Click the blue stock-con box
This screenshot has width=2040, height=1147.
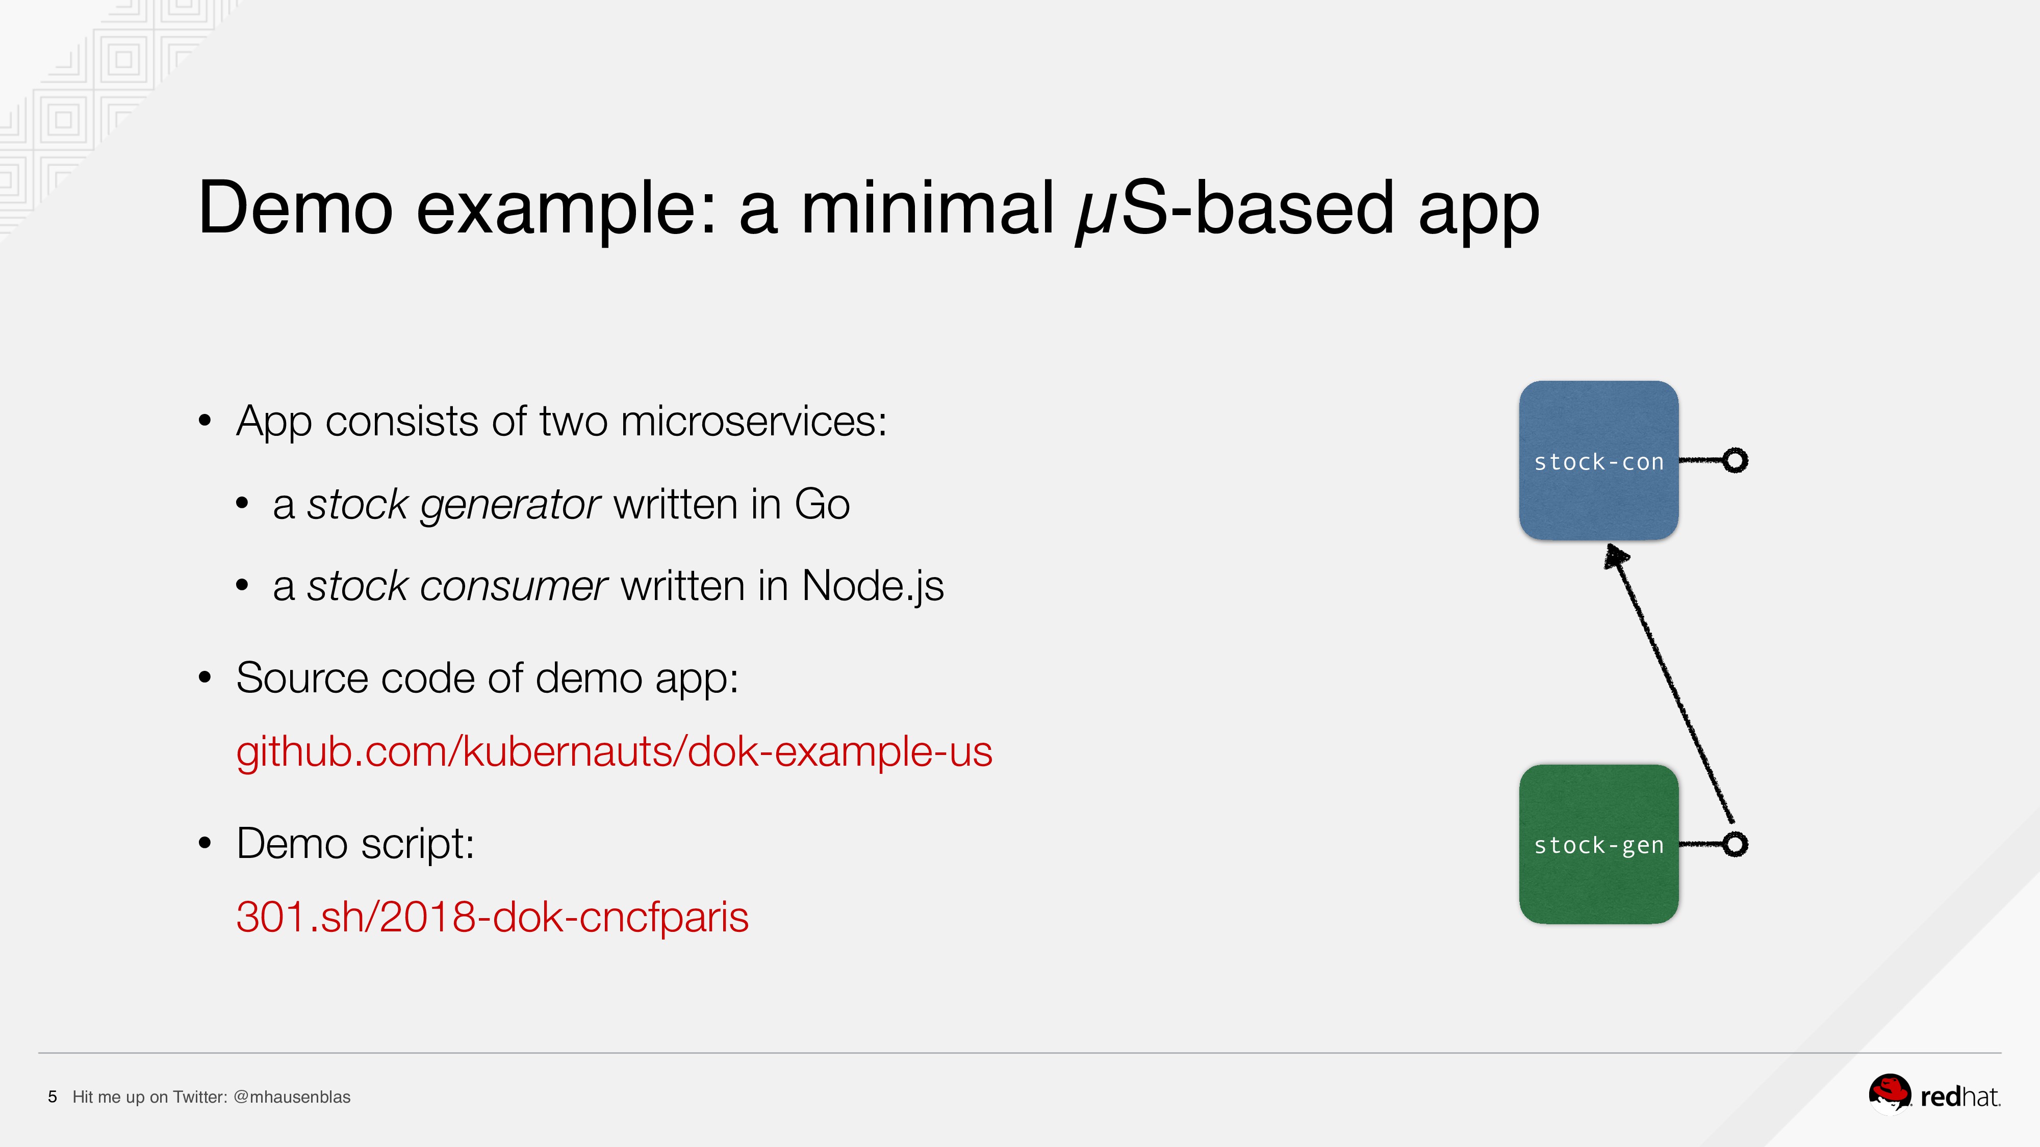1598,461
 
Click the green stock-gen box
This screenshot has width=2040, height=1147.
1598,844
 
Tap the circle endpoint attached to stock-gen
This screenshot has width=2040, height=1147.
1735,845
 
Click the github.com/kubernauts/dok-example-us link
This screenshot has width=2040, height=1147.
614,752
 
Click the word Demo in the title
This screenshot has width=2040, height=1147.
295,207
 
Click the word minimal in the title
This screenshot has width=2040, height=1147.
927,207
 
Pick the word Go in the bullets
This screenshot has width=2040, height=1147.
822,504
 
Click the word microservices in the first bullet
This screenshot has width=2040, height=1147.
753,421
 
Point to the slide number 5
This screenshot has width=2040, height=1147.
52,1097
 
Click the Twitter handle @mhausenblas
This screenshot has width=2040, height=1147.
292,1097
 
